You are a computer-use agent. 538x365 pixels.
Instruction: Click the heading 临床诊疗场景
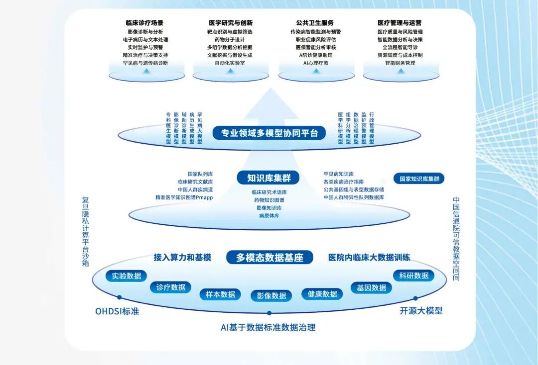[x=144, y=23]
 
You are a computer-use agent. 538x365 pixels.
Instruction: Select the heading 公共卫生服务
[x=315, y=23]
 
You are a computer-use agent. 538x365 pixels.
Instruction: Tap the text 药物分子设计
[x=230, y=39]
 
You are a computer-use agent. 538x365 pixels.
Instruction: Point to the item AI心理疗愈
[x=315, y=63]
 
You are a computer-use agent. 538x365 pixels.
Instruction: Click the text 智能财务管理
[x=400, y=63]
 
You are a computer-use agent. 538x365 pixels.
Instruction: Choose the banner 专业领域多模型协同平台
[x=269, y=133]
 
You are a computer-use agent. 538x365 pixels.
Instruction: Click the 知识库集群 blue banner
[x=269, y=178]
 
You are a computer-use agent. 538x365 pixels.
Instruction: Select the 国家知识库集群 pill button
[x=419, y=179]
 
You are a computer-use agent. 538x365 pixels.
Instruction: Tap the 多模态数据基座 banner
[x=269, y=258]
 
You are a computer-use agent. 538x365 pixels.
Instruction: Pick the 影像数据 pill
[x=271, y=296]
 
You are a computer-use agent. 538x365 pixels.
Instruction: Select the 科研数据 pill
[x=413, y=275]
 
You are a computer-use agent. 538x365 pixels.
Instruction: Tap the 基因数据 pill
[x=371, y=287]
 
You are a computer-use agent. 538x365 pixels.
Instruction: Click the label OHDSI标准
[x=117, y=312]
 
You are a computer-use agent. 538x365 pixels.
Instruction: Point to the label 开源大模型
[x=421, y=311]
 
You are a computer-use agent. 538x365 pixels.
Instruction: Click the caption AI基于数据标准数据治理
[x=268, y=327]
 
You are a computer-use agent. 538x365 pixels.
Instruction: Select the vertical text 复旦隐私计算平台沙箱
[x=85, y=232]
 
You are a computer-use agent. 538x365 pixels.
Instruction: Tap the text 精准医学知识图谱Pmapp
[x=184, y=197]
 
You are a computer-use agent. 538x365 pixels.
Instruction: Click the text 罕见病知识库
[x=338, y=174]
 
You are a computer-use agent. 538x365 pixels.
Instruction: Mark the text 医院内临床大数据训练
[x=369, y=258]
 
